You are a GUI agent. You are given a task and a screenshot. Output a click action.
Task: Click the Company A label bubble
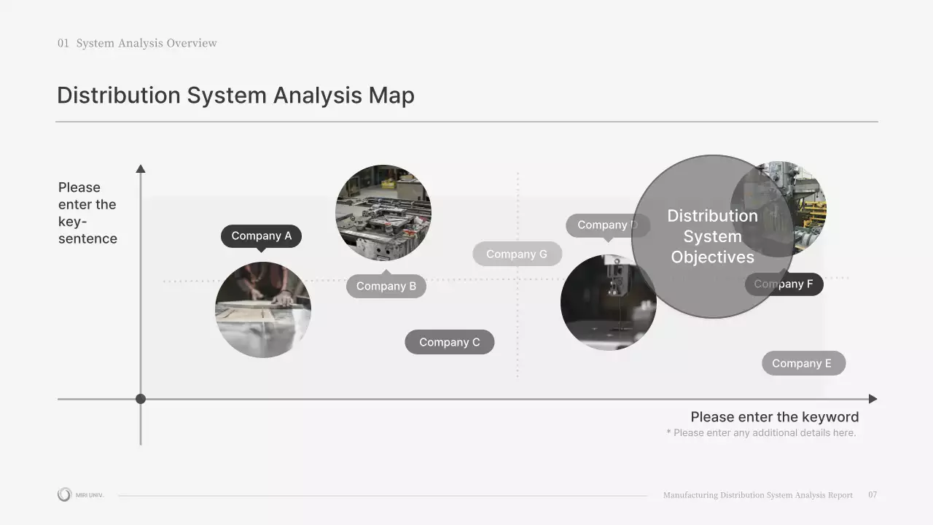(261, 236)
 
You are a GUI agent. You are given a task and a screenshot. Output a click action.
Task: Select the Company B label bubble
(386, 287)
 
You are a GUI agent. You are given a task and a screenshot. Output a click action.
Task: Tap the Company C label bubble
(449, 342)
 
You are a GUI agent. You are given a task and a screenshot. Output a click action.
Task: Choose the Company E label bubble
(803, 363)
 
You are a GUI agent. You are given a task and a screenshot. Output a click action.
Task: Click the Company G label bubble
(517, 254)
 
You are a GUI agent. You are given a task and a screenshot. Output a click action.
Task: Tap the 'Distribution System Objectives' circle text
(712, 236)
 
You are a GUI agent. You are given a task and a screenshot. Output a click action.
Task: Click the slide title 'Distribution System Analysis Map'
(235, 96)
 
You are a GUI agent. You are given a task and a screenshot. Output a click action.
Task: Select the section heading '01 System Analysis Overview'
(138, 43)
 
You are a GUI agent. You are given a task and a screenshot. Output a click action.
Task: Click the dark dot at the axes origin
(141, 399)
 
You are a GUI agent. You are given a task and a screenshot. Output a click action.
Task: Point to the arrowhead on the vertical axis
(141, 168)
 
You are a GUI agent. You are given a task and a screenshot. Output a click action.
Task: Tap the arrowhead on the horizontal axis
(873, 399)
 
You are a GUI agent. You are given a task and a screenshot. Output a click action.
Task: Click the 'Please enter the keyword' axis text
(774, 417)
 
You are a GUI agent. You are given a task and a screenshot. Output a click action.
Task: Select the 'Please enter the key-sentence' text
(87, 213)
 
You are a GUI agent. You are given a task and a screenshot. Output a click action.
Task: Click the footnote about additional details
(761, 433)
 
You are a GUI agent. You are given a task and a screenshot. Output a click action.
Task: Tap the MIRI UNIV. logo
(80, 495)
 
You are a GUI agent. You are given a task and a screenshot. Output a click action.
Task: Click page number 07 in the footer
(873, 495)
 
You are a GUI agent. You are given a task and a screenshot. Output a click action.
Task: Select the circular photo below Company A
(262, 310)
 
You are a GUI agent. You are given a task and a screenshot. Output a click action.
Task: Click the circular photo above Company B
(383, 212)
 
